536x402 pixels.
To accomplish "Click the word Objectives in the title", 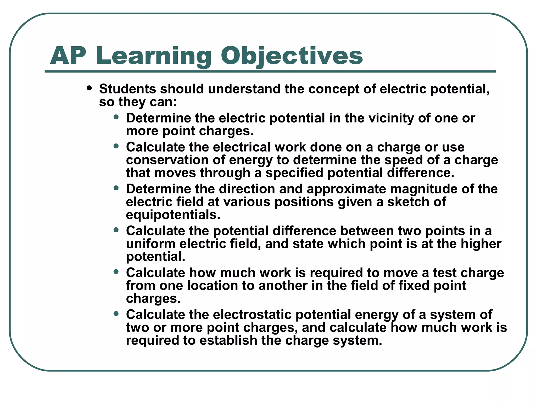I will click(x=292, y=56).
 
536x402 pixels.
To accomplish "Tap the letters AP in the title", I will click(x=68, y=56).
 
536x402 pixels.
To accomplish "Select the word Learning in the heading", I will click(x=153, y=56).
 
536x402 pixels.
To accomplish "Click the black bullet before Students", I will click(x=90, y=88).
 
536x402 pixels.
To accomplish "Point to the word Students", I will click(x=127, y=89).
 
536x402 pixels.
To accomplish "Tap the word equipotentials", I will click(x=173, y=215).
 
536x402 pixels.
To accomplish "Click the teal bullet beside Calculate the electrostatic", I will click(x=116, y=314).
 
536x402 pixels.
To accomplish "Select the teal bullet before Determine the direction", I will click(x=116, y=188).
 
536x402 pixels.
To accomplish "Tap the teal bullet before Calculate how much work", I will click(x=116, y=272).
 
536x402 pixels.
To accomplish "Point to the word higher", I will click(x=481, y=244).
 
